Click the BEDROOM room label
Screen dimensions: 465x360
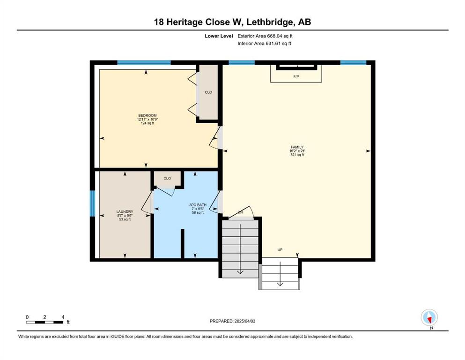click(x=148, y=115)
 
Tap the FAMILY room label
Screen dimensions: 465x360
click(x=297, y=147)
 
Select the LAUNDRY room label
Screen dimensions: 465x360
click(x=125, y=211)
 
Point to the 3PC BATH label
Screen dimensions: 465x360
click(x=198, y=205)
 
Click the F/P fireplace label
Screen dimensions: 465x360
click(x=296, y=76)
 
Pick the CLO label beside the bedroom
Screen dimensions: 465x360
click(x=208, y=92)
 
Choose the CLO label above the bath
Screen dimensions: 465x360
click(x=167, y=179)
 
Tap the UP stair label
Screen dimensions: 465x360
click(x=280, y=250)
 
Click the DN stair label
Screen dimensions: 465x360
click(x=240, y=212)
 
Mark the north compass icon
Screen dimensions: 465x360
click(x=429, y=318)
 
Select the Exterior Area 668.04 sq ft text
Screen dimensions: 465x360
click(x=265, y=36)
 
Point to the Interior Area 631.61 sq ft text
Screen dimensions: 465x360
click(x=264, y=43)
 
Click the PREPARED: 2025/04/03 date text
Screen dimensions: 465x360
click(x=232, y=321)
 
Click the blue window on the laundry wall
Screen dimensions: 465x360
click(x=93, y=203)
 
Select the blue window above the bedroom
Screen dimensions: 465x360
click(x=144, y=62)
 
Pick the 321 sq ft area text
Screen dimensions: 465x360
click(x=297, y=155)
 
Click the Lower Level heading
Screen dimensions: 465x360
click(x=219, y=36)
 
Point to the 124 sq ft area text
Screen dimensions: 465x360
click(x=148, y=123)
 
